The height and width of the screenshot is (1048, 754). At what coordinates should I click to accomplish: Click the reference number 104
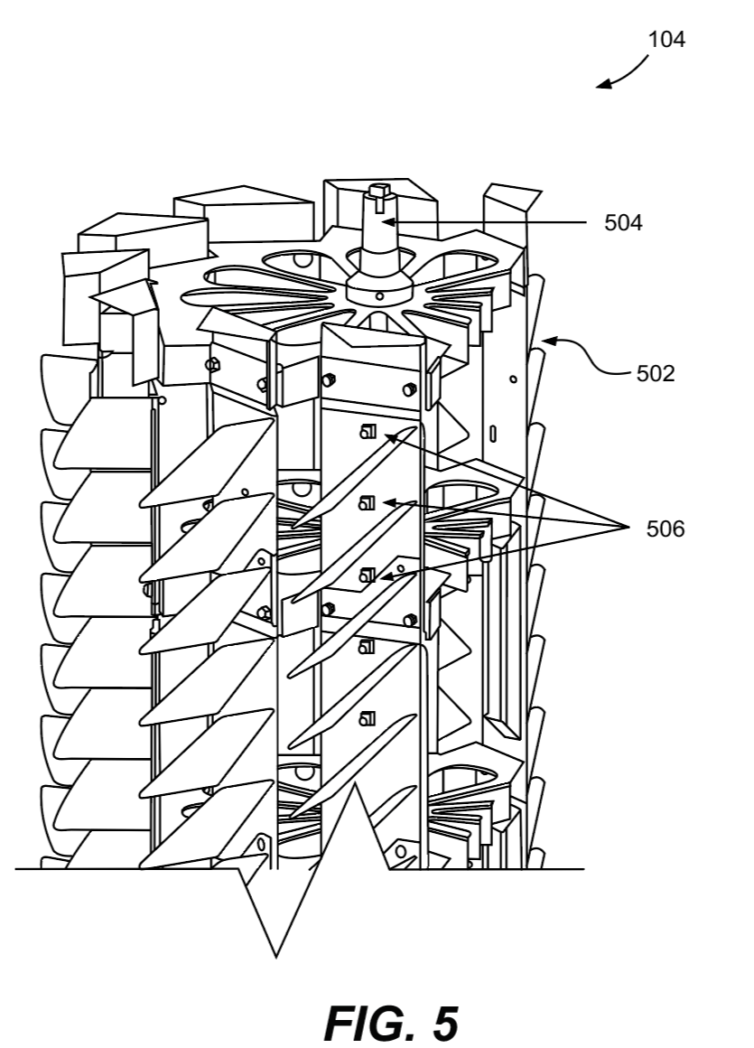point(666,40)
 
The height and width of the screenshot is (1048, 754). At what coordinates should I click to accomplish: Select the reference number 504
point(623,222)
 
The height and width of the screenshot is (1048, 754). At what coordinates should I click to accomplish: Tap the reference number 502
point(655,373)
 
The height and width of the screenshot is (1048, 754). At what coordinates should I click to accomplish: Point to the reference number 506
point(666,529)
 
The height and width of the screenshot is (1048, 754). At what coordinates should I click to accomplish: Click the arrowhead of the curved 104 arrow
point(600,87)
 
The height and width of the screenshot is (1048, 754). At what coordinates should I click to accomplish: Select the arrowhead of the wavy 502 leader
point(545,341)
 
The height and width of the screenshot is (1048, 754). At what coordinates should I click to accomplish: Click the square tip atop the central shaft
point(377,190)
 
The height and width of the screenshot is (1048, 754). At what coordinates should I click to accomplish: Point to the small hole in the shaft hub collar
point(379,295)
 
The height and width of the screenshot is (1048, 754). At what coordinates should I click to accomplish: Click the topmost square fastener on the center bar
point(367,431)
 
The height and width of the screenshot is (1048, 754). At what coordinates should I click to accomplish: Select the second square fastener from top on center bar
point(367,502)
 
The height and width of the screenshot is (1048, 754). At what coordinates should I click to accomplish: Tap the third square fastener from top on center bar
point(367,574)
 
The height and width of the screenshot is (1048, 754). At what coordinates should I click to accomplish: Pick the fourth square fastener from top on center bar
point(367,646)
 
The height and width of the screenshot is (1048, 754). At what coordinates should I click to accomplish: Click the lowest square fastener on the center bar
point(367,718)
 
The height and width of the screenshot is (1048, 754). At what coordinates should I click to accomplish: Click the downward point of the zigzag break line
point(275,955)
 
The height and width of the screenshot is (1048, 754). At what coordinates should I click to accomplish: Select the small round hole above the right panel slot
point(513,379)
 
